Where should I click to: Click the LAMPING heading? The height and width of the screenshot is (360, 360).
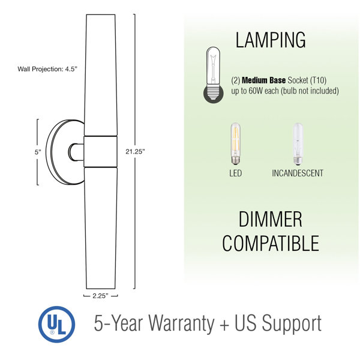click(x=271, y=40)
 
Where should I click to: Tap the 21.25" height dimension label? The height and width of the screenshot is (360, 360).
click(x=135, y=152)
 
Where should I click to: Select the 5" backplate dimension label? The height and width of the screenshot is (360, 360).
click(x=38, y=152)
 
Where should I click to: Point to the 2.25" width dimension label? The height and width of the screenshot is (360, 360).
click(x=100, y=296)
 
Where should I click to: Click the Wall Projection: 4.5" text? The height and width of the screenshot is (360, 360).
click(x=47, y=69)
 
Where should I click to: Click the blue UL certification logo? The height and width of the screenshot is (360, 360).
click(x=56, y=324)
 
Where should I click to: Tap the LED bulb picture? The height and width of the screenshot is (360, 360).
click(x=236, y=144)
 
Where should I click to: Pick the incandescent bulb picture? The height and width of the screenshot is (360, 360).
click(x=298, y=144)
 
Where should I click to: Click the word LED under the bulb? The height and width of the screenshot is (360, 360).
click(x=236, y=173)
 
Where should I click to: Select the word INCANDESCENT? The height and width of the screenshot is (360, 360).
click(x=298, y=173)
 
